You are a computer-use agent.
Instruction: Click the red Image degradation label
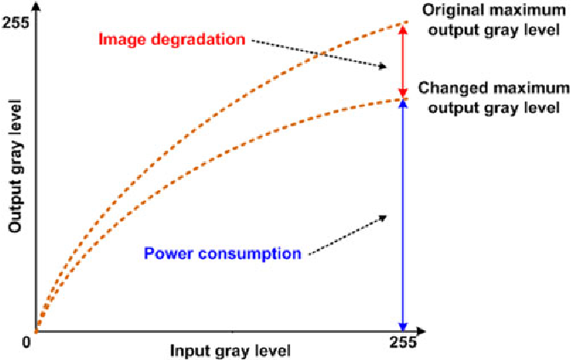point(172,40)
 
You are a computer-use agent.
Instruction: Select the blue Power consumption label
point(223,253)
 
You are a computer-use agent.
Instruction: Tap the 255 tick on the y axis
point(17,24)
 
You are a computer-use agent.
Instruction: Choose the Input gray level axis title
point(231,350)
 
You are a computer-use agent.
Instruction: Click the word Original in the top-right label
point(451,11)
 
